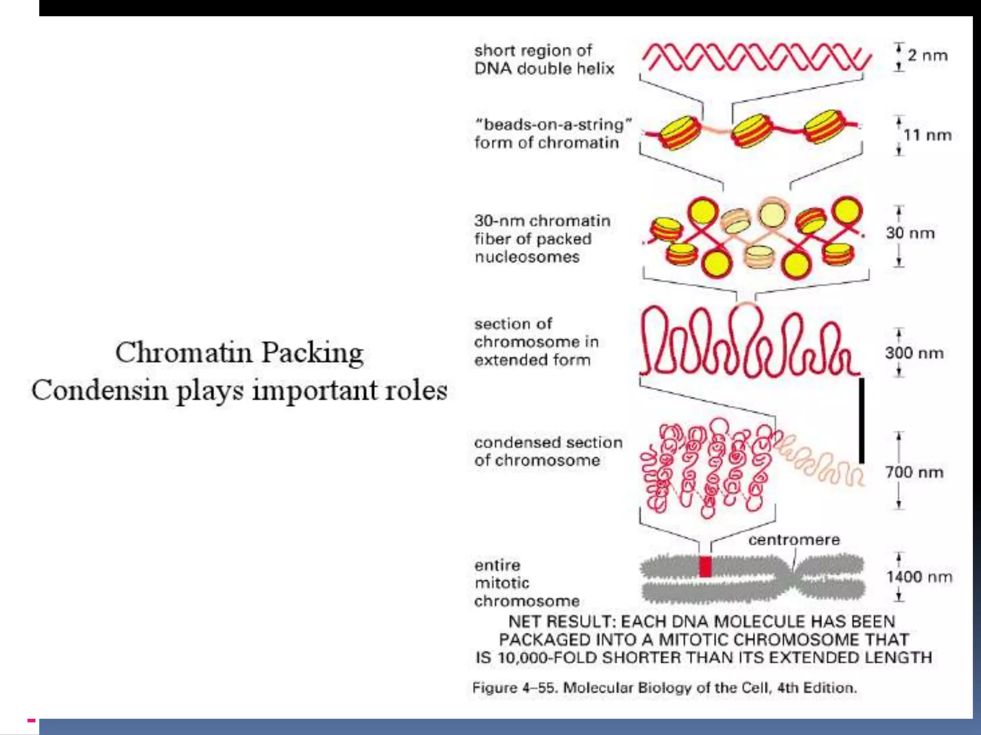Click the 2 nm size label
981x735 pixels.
pos(927,56)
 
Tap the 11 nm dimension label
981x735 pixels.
pos(927,135)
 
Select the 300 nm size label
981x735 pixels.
pos(914,353)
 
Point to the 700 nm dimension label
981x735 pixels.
pos(914,472)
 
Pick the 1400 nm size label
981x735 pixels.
pos(919,577)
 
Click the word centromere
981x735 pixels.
pos(794,540)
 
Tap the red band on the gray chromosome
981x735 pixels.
pos(705,567)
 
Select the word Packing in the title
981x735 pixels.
pos(312,353)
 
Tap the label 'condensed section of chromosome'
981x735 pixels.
pos(548,451)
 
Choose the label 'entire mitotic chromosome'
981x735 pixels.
pos(526,583)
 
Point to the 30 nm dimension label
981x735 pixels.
pos(910,233)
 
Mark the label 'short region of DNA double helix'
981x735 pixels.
pos(544,59)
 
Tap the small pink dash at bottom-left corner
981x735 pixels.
pos(31,720)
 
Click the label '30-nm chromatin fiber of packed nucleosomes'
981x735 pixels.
pos(542,239)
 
